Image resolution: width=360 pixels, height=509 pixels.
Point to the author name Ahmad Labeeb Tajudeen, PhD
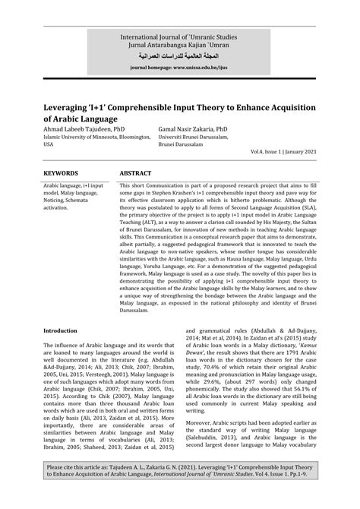87,129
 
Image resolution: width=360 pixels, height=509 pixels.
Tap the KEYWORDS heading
61,173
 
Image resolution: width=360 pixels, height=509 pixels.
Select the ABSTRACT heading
136,173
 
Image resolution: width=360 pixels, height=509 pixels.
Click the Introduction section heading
65,309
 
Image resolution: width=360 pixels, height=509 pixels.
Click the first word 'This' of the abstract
126,185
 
